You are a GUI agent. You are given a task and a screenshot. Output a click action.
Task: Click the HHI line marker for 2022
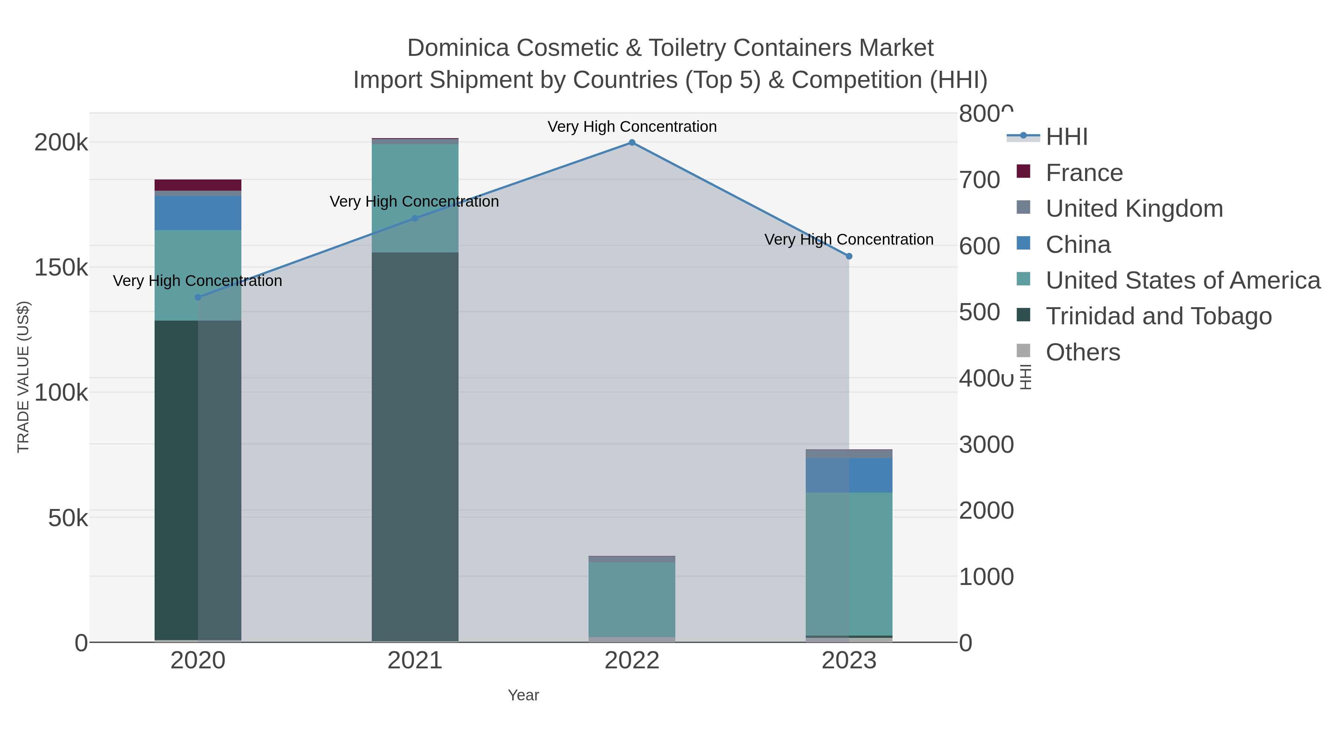pyautogui.click(x=632, y=143)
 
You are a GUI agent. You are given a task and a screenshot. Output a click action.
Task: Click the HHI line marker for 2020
pyautogui.click(x=198, y=297)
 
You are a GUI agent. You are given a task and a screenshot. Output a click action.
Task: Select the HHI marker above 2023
pyautogui.click(x=849, y=256)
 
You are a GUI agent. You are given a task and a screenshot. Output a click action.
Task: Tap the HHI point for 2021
pyautogui.click(x=415, y=218)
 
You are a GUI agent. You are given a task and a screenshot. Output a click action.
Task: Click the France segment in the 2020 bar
pyautogui.click(x=198, y=185)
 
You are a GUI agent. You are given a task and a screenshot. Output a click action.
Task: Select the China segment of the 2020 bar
pyautogui.click(x=198, y=213)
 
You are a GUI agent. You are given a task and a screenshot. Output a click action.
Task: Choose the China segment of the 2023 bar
pyautogui.click(x=849, y=475)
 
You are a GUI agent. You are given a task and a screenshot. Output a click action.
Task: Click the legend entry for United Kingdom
pyautogui.click(x=1134, y=209)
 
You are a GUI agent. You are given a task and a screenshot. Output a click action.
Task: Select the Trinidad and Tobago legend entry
pyautogui.click(x=1158, y=316)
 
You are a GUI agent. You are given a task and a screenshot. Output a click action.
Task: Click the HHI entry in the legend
pyautogui.click(x=1066, y=137)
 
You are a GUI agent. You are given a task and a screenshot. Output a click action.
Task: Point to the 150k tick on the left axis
pyautogui.click(x=61, y=267)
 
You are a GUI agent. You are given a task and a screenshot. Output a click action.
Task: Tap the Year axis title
pyautogui.click(x=523, y=695)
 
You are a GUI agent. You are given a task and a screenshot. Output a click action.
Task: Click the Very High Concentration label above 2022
pyautogui.click(x=632, y=127)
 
